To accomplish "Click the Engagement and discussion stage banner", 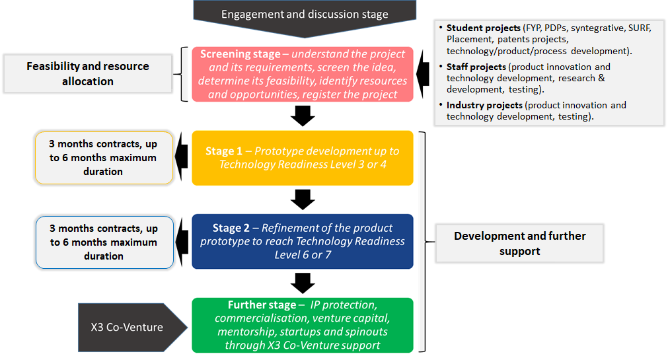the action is coord(305,17).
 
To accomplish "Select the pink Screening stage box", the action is coord(303,74).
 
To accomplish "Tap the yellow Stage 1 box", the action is coord(303,158).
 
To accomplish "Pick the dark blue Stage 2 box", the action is coord(303,242).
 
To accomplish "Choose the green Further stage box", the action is coord(303,325).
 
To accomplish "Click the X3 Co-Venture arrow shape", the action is coord(133,327).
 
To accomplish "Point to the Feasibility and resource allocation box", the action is coord(88,74).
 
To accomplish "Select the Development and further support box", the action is coord(520,243).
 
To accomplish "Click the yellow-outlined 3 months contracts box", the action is coord(104,158).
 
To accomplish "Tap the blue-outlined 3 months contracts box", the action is coord(104,242).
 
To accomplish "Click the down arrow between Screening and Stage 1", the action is coord(303,116).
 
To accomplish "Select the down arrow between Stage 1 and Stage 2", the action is coord(303,199).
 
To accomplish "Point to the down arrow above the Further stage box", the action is coord(303,283).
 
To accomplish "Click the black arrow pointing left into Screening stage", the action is coord(423,74).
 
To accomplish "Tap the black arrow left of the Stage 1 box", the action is coord(182,157).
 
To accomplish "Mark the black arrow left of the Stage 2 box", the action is coord(182,242).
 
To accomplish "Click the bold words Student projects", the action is coord(484,28).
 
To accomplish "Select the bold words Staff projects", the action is coord(476,67).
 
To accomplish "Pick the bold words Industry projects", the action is coord(484,105).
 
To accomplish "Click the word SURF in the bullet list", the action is coord(640,28).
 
